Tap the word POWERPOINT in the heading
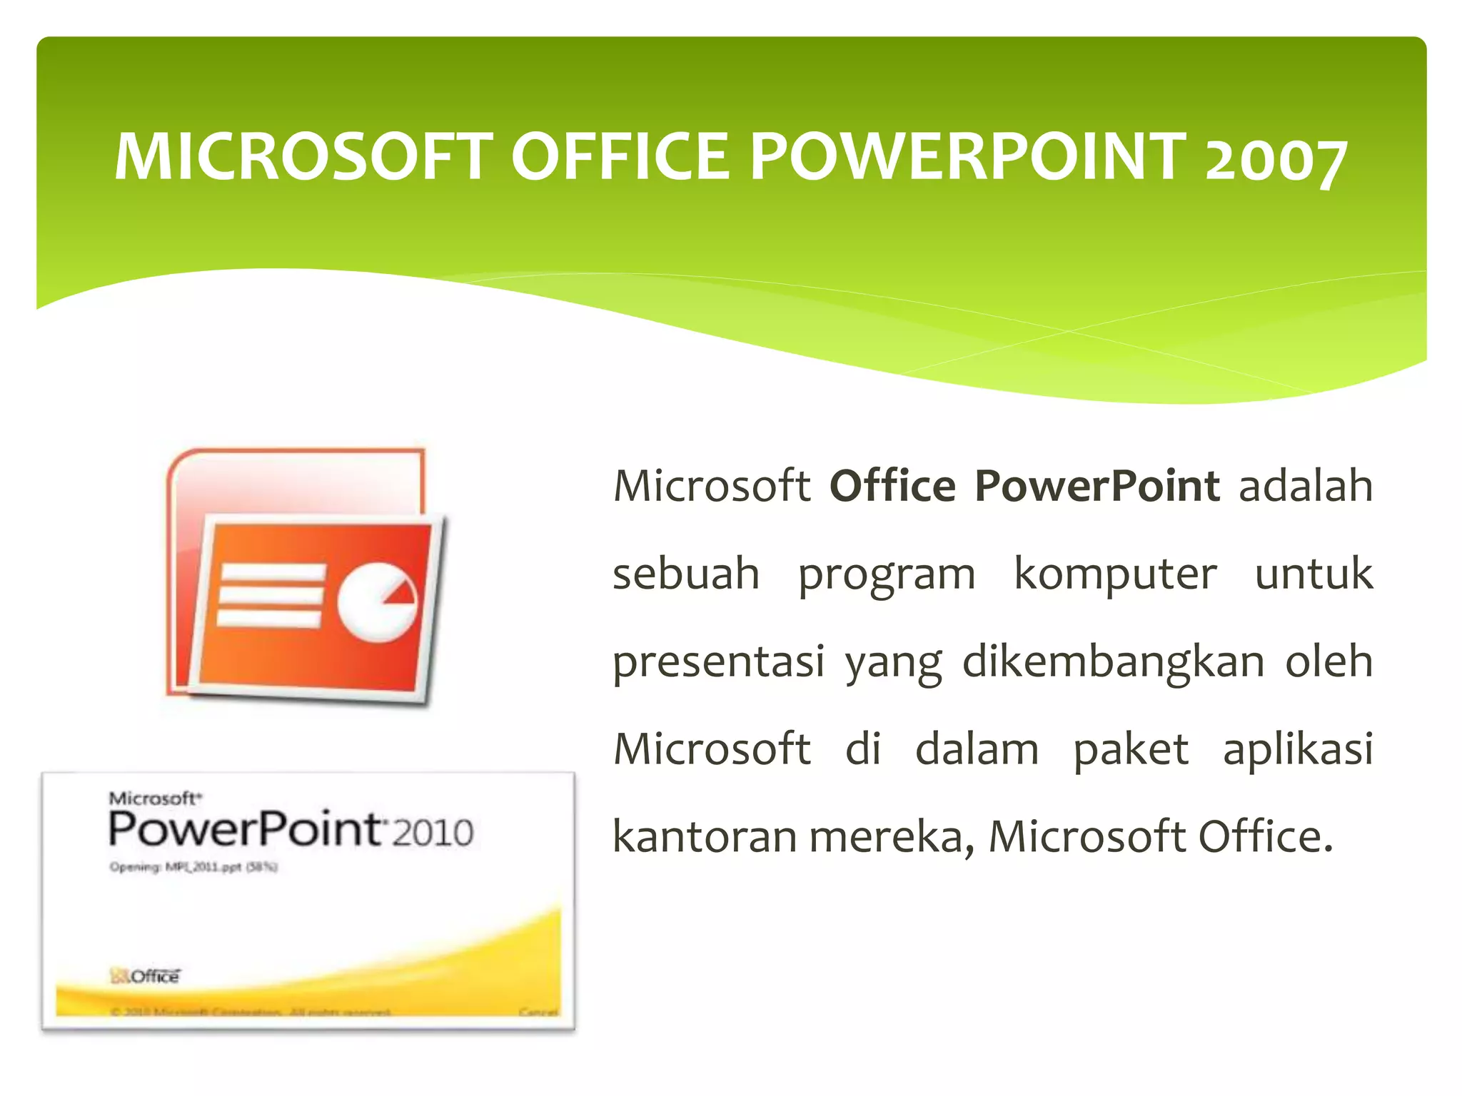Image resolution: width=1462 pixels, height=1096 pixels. (967, 157)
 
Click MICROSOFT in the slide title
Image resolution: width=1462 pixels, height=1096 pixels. (303, 157)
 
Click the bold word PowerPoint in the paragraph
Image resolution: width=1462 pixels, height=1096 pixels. (1097, 487)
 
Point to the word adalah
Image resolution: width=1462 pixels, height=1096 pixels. (1306, 487)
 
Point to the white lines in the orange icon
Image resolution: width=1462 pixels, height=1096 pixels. (270, 594)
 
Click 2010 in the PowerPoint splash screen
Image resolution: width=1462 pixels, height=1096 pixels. (433, 833)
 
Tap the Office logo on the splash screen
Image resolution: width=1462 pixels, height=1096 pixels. (146, 975)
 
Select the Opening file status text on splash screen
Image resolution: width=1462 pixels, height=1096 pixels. (193, 867)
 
